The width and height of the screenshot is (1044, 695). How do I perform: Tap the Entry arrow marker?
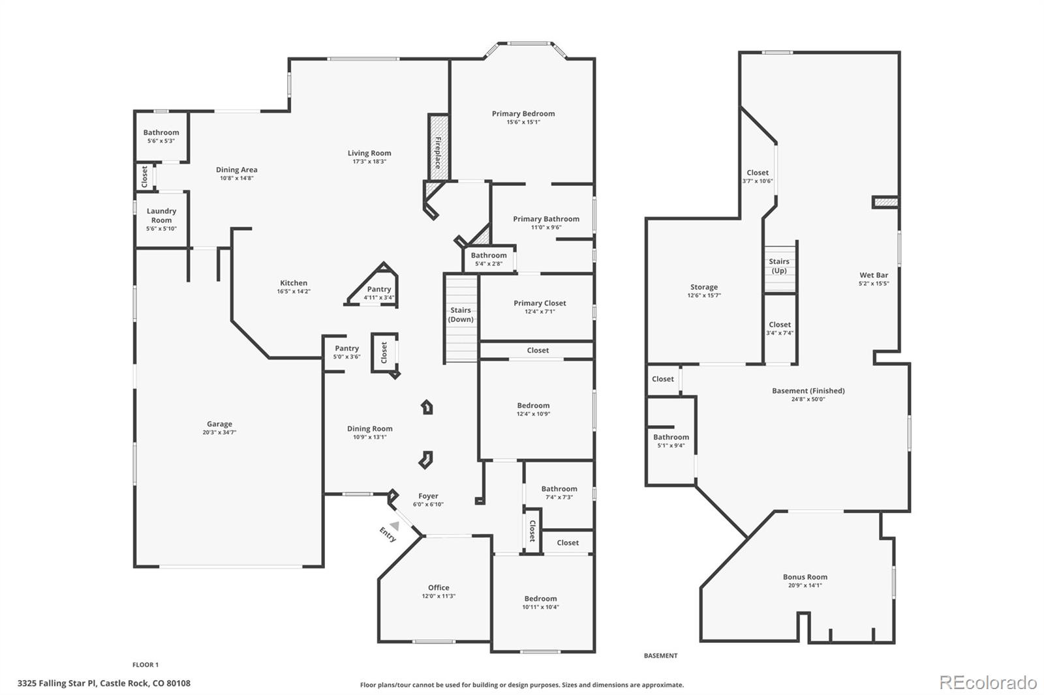(394, 525)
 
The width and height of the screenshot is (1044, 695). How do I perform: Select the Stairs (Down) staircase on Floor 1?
(461, 316)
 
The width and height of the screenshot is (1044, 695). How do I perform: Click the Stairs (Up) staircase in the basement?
(779, 266)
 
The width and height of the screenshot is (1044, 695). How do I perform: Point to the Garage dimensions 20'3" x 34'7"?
(219, 432)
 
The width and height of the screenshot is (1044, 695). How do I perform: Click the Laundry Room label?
(161, 215)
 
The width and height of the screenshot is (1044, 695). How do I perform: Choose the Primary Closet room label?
(540, 303)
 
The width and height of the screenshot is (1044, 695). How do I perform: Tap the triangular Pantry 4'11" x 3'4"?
(378, 289)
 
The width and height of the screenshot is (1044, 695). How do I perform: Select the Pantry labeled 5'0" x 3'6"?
(346, 349)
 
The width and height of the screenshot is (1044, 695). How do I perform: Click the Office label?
(438, 587)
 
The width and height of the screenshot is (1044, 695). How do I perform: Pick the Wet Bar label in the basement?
(874, 275)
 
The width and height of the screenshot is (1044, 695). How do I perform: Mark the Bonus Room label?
(805, 577)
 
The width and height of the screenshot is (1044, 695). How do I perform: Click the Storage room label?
(704, 287)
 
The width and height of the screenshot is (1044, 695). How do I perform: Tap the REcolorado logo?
(988, 683)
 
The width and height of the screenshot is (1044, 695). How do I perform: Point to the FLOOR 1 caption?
(146, 665)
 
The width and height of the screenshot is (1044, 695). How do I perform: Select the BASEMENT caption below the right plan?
(660, 656)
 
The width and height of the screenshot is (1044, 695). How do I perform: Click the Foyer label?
(428, 496)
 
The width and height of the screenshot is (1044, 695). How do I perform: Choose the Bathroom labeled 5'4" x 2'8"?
(489, 256)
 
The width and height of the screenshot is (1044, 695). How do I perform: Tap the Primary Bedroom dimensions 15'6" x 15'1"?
(523, 122)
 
